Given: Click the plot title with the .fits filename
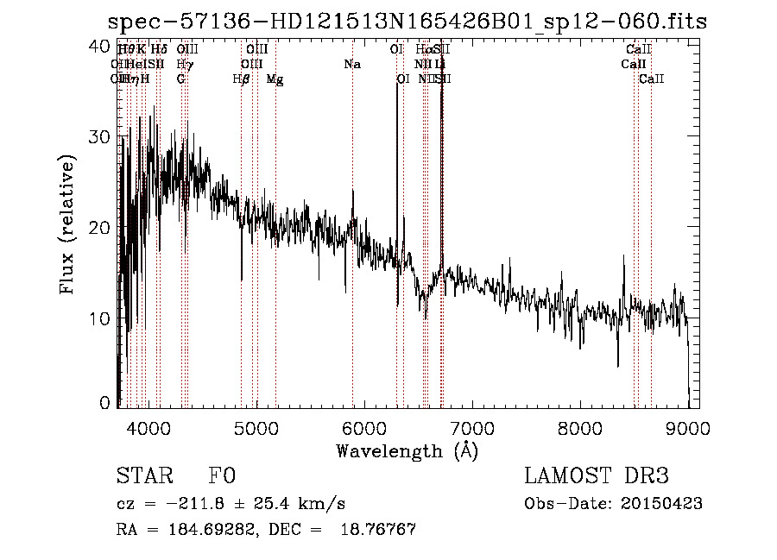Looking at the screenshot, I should (x=407, y=22).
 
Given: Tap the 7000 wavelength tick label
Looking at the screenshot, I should (x=471, y=427).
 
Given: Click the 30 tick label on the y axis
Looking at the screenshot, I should (x=101, y=137).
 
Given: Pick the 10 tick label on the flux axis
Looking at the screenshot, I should (x=101, y=318).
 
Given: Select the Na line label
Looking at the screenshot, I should (x=352, y=65).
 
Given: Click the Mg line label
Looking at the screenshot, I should (x=275, y=79).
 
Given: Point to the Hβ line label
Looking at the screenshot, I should (x=242, y=79).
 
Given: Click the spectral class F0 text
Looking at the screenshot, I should (x=222, y=476).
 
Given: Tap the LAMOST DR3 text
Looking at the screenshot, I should (x=596, y=476).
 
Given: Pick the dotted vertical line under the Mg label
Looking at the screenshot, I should (x=275, y=173).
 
